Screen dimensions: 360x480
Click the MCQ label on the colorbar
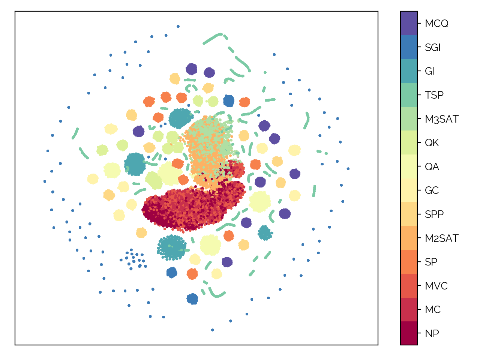coord(436,24)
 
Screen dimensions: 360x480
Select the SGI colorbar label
coord(432,48)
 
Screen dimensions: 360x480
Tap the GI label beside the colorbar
coord(429,71)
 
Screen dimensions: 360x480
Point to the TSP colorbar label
coord(434,95)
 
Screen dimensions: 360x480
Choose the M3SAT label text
coord(441,119)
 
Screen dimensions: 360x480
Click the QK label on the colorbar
coord(432,143)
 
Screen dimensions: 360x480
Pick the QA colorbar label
coord(432,167)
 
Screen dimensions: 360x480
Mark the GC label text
coord(432,190)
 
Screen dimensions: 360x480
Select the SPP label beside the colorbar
coord(434,214)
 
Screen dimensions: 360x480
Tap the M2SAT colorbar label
coord(441,238)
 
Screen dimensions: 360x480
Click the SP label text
coord(431,262)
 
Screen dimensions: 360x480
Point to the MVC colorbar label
coord(436,286)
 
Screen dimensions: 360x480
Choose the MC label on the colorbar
coord(432,310)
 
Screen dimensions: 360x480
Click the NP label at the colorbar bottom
coord(432,334)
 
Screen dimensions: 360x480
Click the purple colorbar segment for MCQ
coord(409,23)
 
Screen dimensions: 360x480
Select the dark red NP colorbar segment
coord(409,333)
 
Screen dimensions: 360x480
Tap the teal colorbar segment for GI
coord(409,71)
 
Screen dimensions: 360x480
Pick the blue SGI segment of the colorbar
coord(409,47)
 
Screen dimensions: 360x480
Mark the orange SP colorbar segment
coord(409,262)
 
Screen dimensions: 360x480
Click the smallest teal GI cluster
coord(265,233)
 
